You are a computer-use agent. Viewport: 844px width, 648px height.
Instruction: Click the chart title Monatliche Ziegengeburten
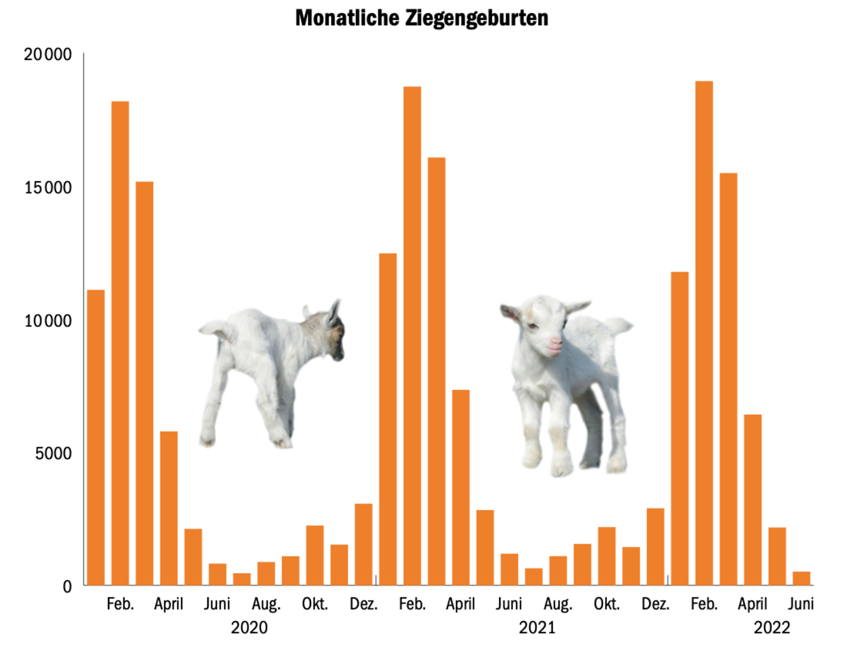point(421,18)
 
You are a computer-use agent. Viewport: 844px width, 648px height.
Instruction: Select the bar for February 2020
point(120,344)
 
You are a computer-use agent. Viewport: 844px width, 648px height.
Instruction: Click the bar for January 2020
point(96,438)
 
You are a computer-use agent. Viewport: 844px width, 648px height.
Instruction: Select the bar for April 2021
point(461,488)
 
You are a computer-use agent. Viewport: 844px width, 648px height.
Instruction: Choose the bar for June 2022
point(801,579)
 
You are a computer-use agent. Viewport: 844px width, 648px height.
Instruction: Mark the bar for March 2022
point(728,379)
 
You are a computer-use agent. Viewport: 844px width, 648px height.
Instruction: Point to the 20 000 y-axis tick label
point(48,55)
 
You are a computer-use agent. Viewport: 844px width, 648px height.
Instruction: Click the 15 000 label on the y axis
point(48,188)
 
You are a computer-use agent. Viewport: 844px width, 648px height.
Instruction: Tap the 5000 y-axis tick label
point(53,453)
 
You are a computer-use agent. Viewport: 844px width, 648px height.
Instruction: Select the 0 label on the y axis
point(67,587)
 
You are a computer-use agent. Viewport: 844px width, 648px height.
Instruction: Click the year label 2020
point(249,628)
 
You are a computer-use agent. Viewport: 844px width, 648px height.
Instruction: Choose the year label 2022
point(772,628)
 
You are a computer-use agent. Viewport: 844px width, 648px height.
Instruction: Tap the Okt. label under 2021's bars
point(606,604)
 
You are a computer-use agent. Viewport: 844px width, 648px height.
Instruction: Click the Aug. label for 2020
point(266,604)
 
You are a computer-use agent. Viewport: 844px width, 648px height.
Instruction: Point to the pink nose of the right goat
point(555,345)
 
